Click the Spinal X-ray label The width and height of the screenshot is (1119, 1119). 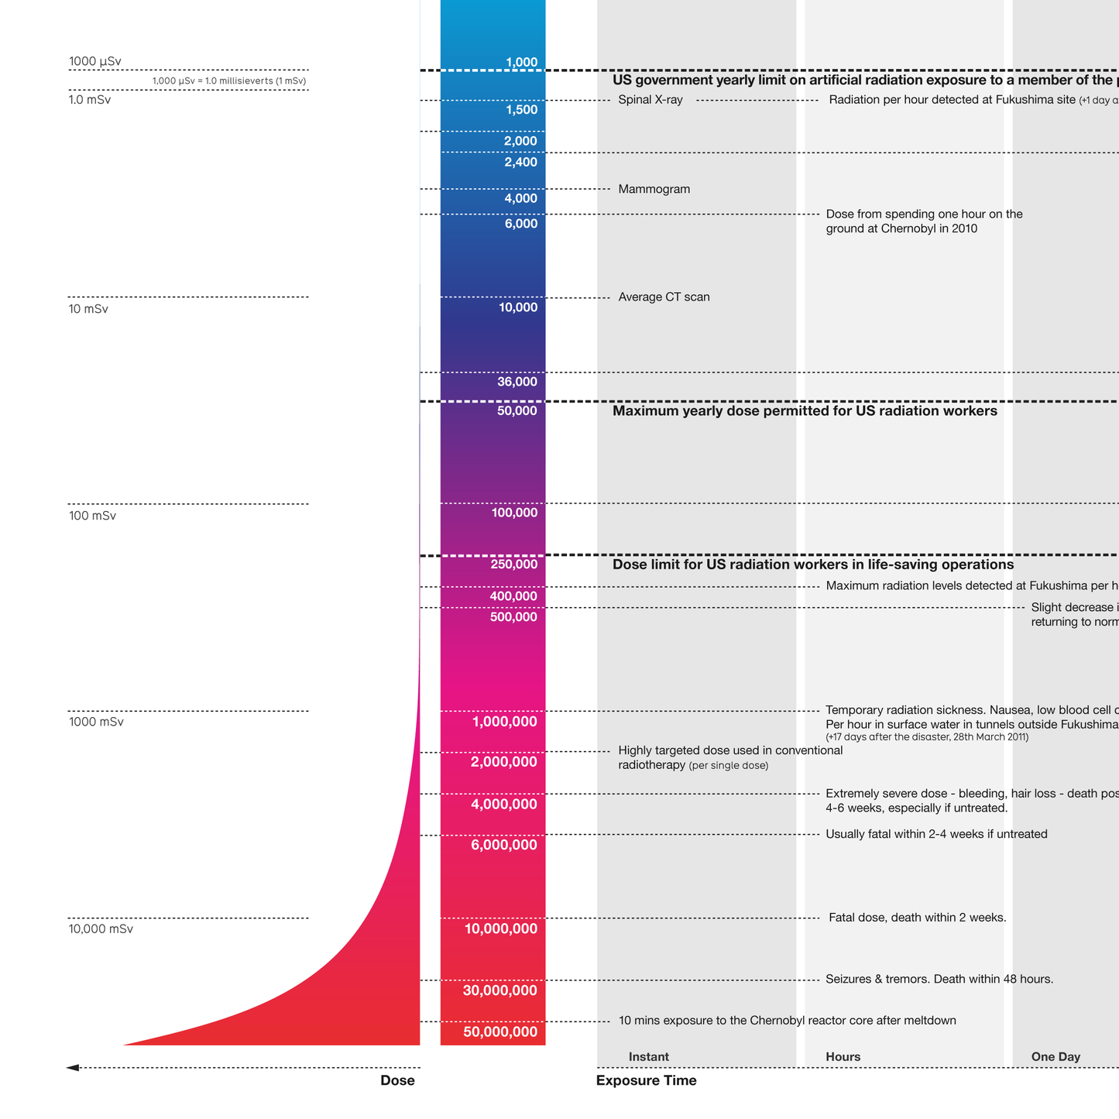650,100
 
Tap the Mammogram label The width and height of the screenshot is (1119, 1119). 654,190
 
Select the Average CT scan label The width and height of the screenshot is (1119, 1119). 664,297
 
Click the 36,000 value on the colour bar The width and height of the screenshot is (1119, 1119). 517,382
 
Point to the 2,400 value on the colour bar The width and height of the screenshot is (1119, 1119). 520,163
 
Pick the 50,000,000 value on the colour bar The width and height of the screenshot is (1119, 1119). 500,1032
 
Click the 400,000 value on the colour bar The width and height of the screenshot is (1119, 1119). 513,596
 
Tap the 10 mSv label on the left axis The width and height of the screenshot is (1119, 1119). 88,309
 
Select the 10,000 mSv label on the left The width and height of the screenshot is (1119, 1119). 101,929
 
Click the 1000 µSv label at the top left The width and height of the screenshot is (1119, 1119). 94,62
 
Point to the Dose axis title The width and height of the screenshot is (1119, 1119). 397,1081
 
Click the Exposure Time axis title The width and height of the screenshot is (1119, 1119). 646,1081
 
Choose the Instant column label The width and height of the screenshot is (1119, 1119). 648,1057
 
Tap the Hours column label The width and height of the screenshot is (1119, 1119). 843,1057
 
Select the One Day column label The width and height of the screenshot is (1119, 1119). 1055,1057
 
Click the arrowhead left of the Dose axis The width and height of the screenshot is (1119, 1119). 73,1068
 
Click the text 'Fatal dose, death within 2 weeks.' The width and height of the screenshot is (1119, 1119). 917,918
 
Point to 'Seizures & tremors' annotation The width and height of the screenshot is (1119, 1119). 939,980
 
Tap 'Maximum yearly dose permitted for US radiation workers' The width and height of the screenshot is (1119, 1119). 805,411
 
